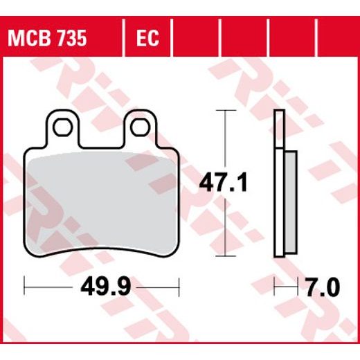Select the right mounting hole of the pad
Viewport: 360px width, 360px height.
click(x=140, y=126)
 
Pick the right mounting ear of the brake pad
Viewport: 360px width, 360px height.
click(x=140, y=127)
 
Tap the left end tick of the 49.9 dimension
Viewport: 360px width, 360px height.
click(x=25, y=284)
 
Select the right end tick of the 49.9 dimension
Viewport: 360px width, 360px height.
click(x=179, y=284)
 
